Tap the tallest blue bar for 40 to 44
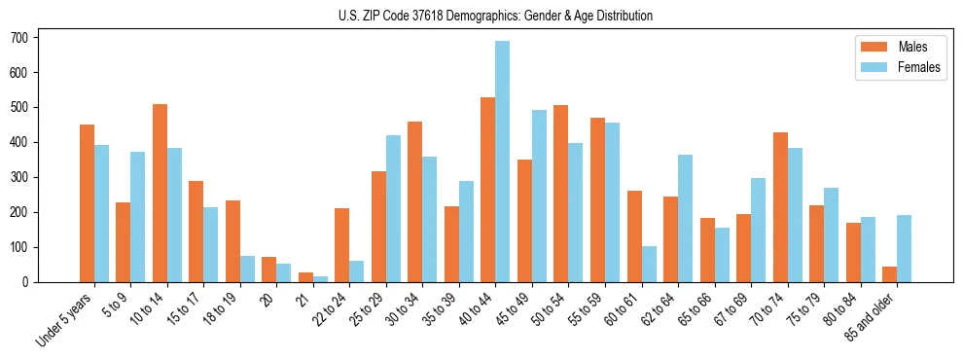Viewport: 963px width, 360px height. [503, 162]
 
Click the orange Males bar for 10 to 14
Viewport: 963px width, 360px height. [160, 193]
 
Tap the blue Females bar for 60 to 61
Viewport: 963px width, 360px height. [649, 264]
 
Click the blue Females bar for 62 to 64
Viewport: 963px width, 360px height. [685, 218]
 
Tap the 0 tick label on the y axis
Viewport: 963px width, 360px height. [32, 282]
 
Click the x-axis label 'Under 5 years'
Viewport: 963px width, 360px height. [64, 317]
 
